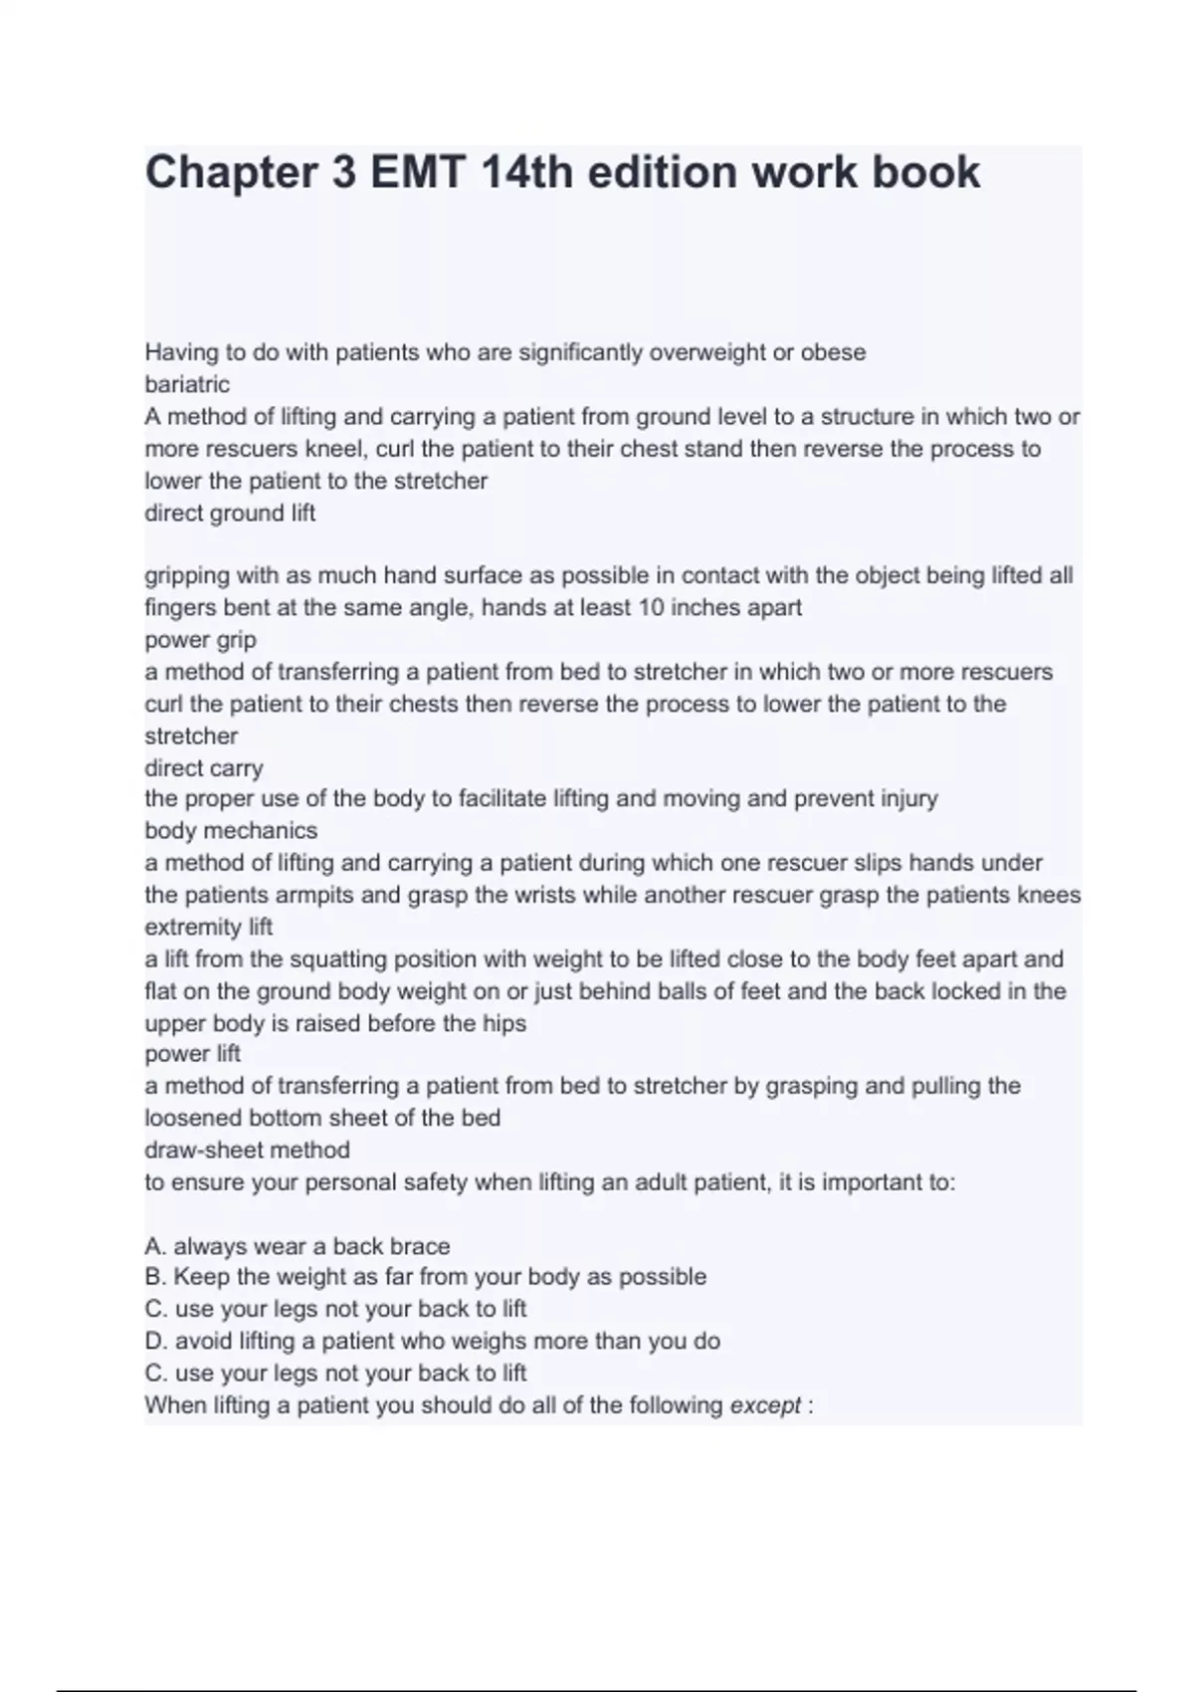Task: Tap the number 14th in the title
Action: [527, 173]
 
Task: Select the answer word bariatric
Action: [187, 384]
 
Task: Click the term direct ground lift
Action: [230, 514]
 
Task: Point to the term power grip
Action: [200, 640]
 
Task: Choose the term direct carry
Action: [204, 768]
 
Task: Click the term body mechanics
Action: [231, 831]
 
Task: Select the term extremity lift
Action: [209, 928]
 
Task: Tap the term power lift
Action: [193, 1054]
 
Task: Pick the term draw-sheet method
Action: [247, 1151]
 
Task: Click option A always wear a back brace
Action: [298, 1247]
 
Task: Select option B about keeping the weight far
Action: [426, 1277]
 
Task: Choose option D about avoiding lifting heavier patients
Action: [432, 1342]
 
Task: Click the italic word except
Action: [765, 1406]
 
